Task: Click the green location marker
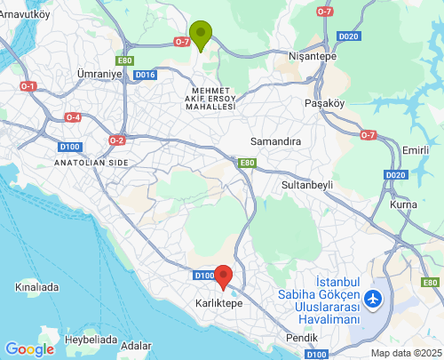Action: pos(201,34)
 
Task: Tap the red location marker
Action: pos(224,276)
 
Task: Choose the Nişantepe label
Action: pos(313,55)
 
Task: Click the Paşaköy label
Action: pos(324,102)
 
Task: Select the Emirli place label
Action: pos(416,150)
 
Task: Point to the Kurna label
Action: pos(404,205)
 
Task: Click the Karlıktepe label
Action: pos(218,303)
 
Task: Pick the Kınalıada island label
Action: pos(36,287)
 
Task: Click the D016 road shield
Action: pos(146,75)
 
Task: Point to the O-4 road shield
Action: pos(73,117)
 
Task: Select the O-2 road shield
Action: pos(116,140)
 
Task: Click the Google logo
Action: pos(29,349)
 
